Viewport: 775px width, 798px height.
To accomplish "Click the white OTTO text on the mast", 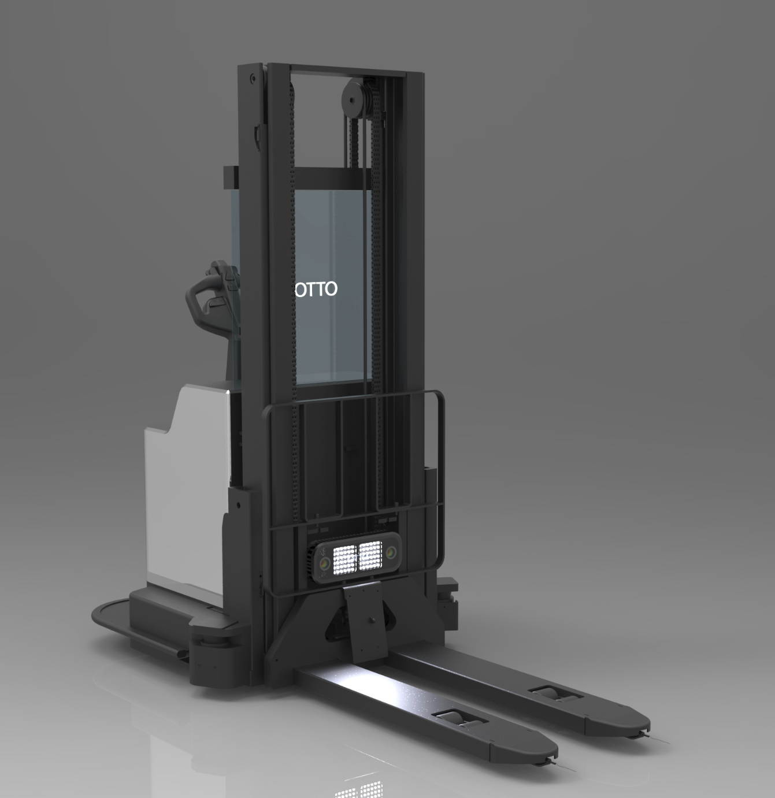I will pos(316,289).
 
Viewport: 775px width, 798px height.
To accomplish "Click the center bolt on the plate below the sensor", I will pos(370,621).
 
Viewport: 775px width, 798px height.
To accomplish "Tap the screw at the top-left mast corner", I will pos(253,77).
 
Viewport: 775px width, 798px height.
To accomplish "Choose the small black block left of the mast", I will pos(231,176).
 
